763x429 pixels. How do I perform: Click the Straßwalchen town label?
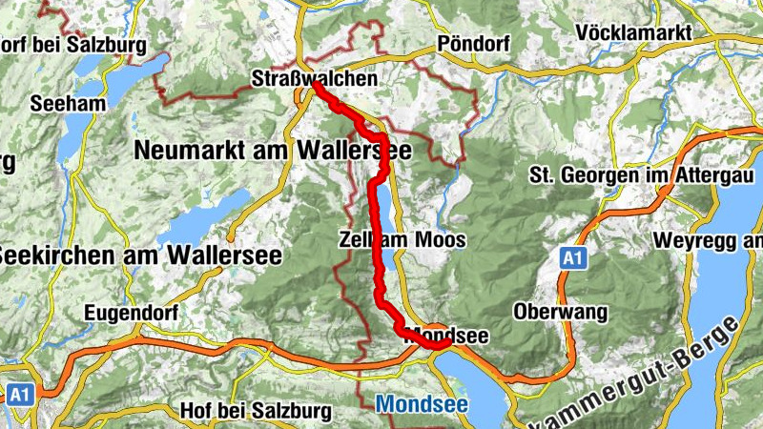(315, 77)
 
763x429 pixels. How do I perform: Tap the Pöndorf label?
(473, 44)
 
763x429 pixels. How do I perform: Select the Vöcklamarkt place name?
(633, 33)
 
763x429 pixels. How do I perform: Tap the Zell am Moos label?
(402, 239)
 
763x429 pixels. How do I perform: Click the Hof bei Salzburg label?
(256, 411)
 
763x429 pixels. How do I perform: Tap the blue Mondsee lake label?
(422, 404)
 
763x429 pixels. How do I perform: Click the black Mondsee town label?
(447, 336)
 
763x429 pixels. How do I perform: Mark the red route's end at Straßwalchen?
(315, 85)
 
